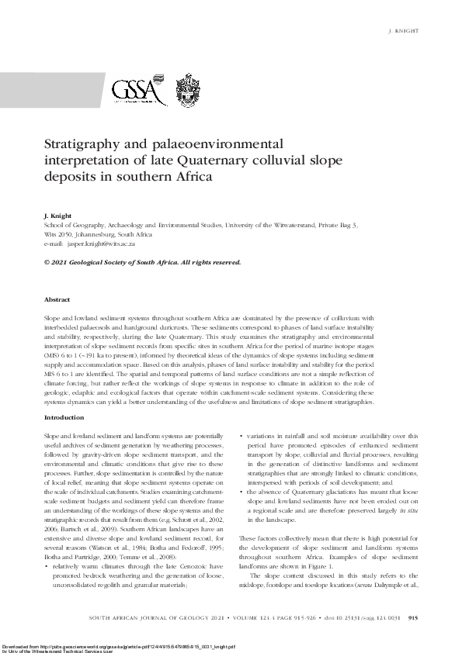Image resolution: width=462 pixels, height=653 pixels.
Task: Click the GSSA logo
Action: [139, 92]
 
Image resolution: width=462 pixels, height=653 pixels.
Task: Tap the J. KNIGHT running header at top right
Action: [403, 32]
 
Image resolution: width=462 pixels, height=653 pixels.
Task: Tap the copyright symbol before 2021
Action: [47, 262]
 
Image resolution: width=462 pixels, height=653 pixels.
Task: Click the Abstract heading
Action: [57, 299]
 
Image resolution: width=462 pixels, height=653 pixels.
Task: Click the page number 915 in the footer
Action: [413, 618]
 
